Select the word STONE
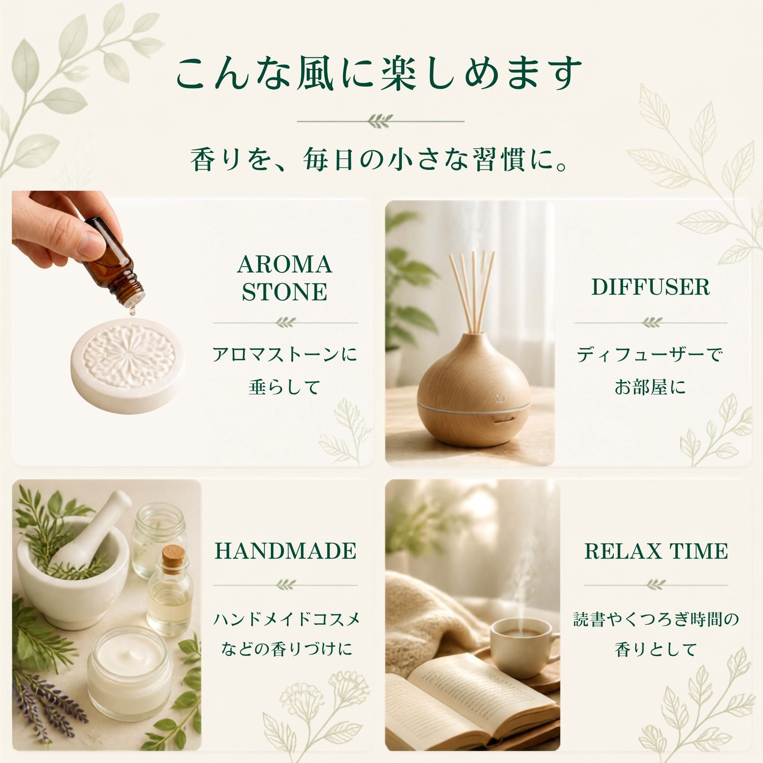point(284,292)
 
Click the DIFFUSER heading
point(650,287)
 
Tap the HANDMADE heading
point(285,551)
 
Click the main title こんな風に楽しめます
point(379,74)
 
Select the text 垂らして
point(284,387)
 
